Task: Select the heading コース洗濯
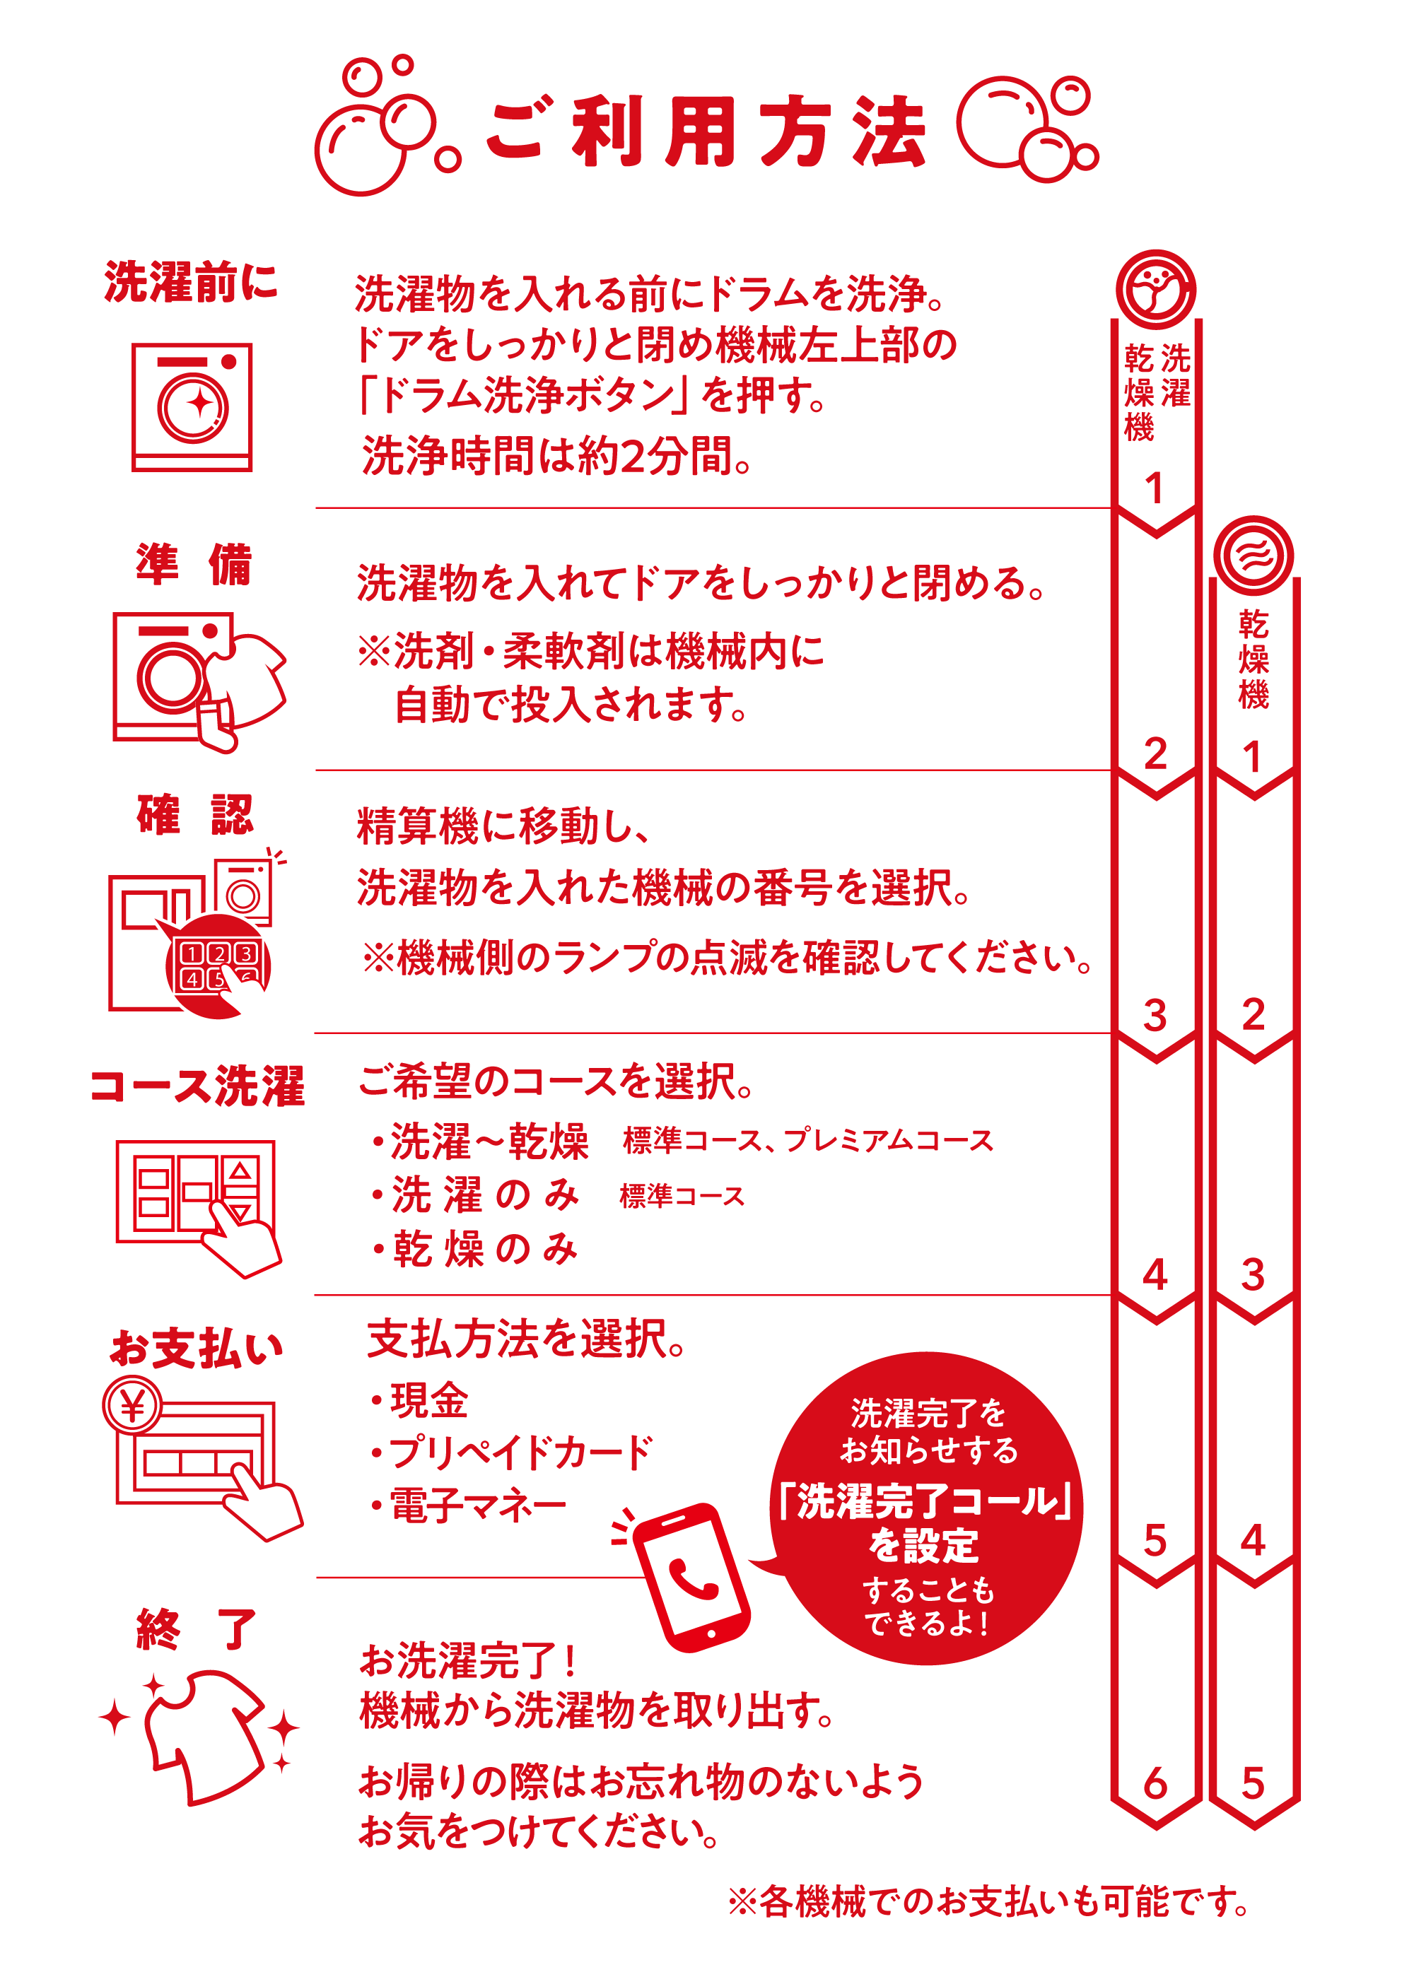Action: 197,1086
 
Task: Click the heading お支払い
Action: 197,1349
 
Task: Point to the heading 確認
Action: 195,815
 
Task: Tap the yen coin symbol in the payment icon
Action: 132,1405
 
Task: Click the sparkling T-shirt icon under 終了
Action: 200,1735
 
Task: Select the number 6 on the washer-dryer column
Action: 1155,1783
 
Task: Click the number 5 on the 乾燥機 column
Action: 1252,1783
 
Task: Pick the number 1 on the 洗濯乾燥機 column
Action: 1154,488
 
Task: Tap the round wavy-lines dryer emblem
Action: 1253,556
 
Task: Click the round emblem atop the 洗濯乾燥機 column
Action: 1156,290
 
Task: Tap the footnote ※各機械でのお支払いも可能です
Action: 989,1901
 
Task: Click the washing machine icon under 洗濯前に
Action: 192,407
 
